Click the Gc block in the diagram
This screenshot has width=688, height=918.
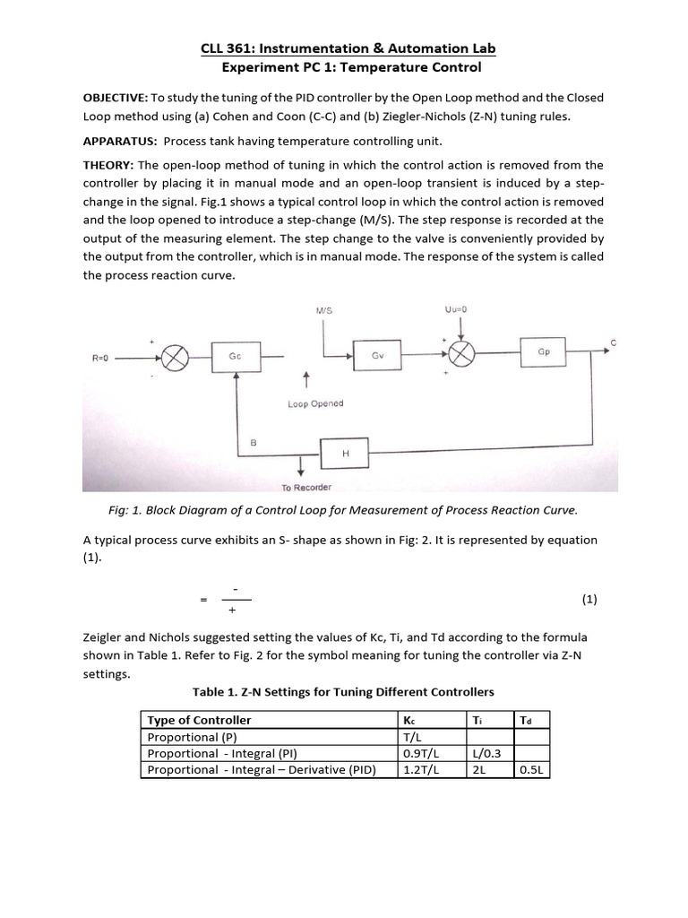point(236,355)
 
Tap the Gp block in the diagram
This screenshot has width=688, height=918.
point(543,351)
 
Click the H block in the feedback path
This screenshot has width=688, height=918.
point(346,455)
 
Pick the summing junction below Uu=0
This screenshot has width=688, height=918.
point(460,354)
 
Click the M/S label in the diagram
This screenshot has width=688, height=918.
point(324,310)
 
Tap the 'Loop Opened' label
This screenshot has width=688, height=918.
point(315,403)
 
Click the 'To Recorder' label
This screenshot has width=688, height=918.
point(306,487)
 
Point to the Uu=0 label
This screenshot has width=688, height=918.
point(457,309)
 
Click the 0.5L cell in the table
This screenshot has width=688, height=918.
point(531,769)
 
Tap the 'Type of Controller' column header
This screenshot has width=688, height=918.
point(199,720)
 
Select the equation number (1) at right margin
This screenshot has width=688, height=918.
point(589,599)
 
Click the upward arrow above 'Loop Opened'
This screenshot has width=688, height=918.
point(307,379)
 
